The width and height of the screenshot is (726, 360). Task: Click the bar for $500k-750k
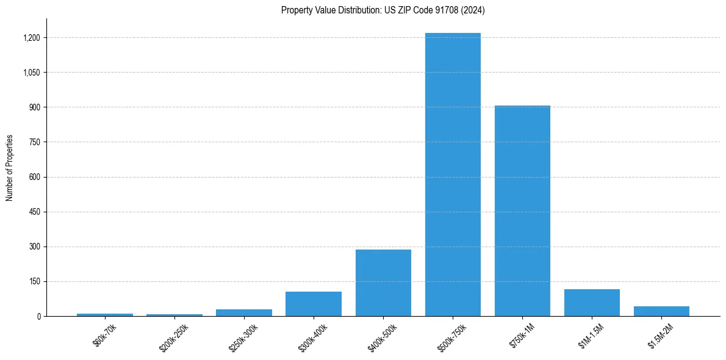(453, 175)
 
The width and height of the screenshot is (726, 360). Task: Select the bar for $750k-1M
(522, 211)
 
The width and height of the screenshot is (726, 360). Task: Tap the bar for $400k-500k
(383, 283)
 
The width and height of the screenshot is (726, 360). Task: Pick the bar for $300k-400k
(314, 304)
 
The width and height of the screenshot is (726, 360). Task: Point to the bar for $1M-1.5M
(592, 303)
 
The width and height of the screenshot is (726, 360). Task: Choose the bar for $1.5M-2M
(661, 311)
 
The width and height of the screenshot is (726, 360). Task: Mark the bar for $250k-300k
(244, 312)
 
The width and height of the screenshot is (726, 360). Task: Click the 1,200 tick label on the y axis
(31, 38)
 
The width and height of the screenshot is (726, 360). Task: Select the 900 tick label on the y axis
(34, 107)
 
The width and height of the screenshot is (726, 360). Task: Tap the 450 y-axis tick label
(34, 212)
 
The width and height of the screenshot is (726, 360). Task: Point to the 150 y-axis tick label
(34, 281)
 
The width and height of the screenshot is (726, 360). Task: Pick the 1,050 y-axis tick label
(31, 73)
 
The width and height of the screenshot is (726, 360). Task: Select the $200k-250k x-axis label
(173, 337)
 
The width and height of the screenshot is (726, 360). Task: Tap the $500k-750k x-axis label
(451, 337)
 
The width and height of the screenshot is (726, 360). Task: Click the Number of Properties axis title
(9, 168)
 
